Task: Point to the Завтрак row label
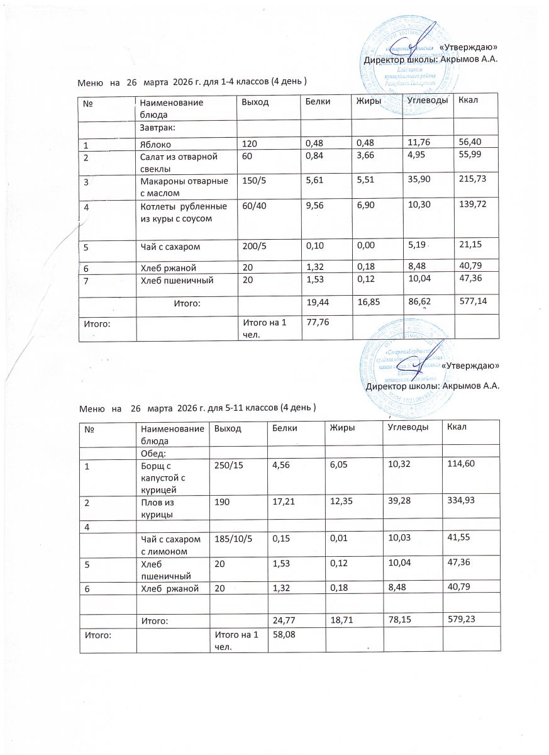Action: [x=157, y=128]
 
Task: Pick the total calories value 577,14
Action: [x=472, y=303]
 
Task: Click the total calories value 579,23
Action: [x=462, y=619]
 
